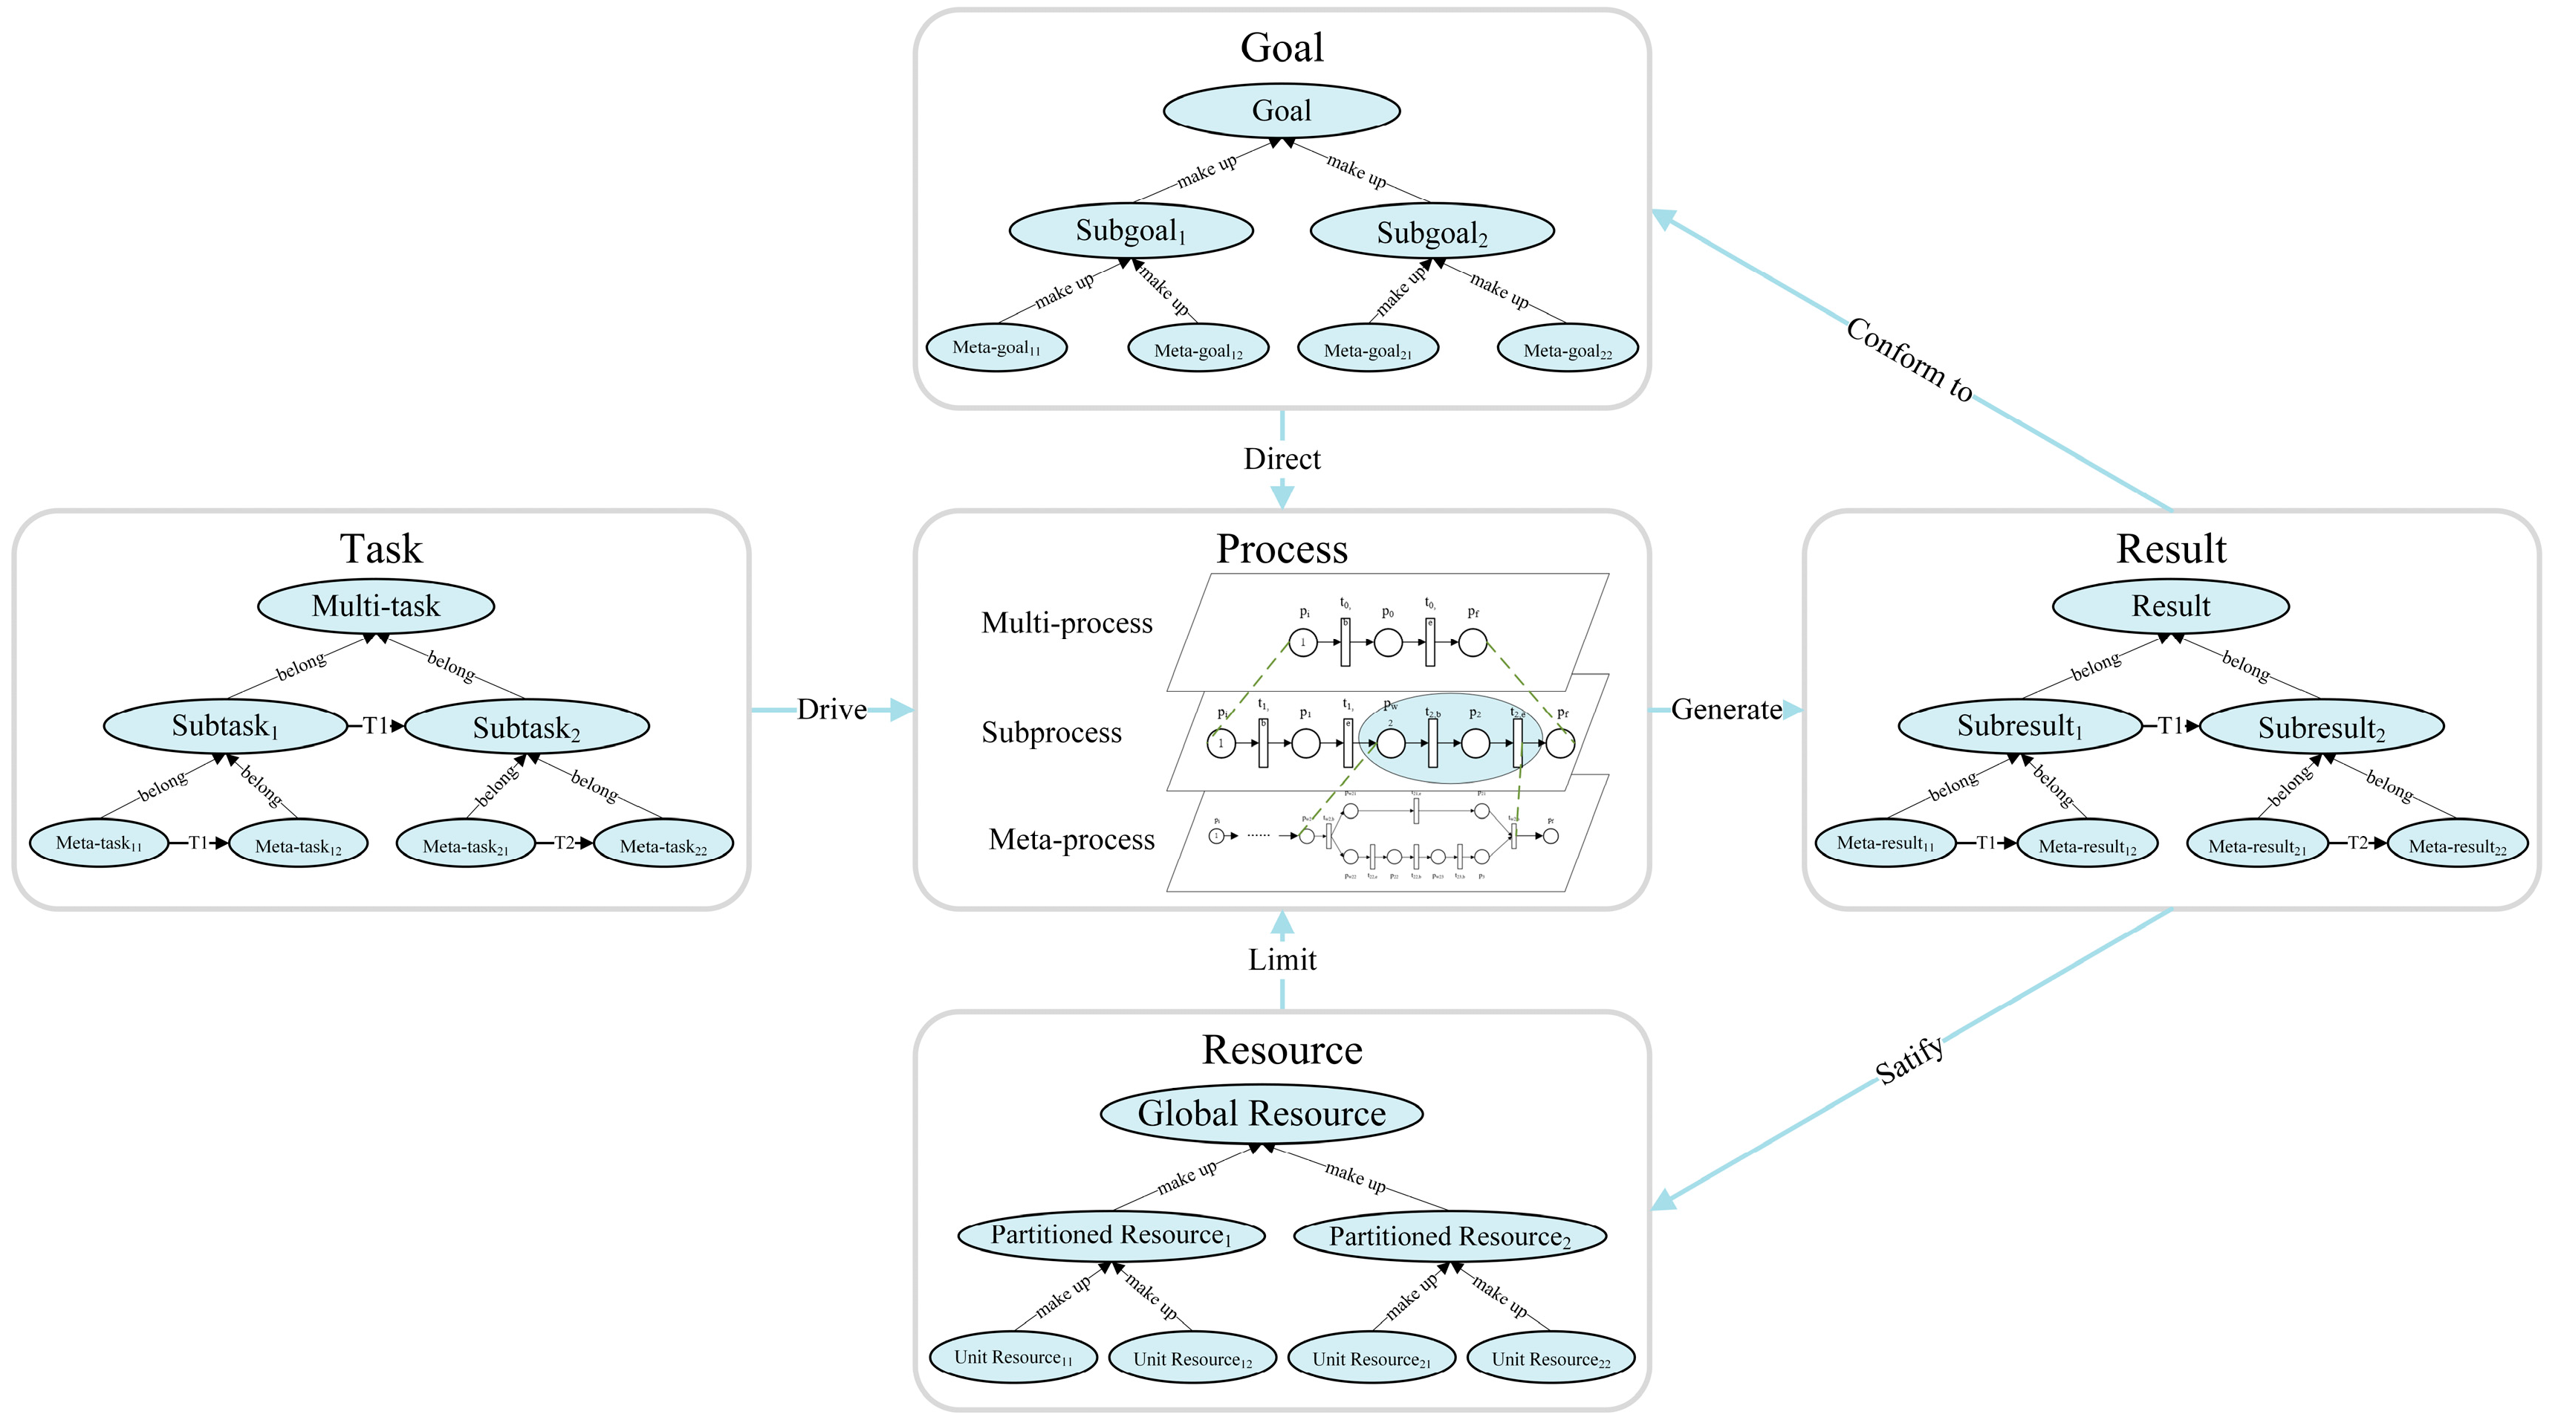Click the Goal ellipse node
click(x=1281, y=110)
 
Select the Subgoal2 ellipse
click(x=1431, y=231)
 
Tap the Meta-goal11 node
click(x=996, y=348)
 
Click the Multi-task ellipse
click(x=375, y=606)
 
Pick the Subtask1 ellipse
click(x=225, y=726)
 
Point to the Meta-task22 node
click(x=663, y=845)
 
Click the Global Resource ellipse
click(x=1261, y=1113)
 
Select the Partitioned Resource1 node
click(x=1110, y=1235)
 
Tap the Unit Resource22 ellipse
click(x=1549, y=1358)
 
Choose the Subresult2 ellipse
click(x=2321, y=728)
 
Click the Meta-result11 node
click(x=1885, y=843)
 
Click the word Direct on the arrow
click(x=1282, y=458)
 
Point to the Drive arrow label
click(x=831, y=709)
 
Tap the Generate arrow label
click(x=1726, y=709)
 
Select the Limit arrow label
click(x=1282, y=959)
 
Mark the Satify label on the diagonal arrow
click(x=1909, y=1060)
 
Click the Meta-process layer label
click(x=1071, y=839)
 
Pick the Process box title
click(x=1282, y=548)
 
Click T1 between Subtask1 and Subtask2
click(x=375, y=726)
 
